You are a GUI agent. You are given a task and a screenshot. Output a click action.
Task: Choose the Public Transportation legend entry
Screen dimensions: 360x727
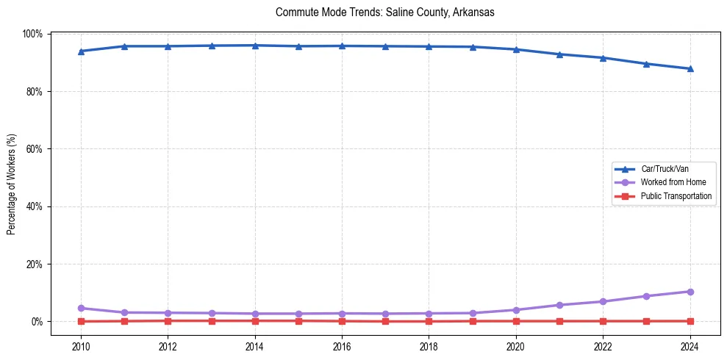click(x=676, y=196)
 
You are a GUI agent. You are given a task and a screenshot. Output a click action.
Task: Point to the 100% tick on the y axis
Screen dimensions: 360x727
click(x=32, y=34)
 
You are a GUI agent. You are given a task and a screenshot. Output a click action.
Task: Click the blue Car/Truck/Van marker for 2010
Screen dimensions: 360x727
click(x=81, y=51)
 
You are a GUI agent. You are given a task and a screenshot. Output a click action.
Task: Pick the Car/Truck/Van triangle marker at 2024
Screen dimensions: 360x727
click(x=690, y=69)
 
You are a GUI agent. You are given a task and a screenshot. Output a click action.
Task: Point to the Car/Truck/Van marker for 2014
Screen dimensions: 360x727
click(x=255, y=46)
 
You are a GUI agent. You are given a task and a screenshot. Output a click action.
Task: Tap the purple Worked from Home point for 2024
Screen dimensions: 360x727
click(x=690, y=292)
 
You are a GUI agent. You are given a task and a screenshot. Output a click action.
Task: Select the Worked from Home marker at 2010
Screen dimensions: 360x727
click(x=81, y=308)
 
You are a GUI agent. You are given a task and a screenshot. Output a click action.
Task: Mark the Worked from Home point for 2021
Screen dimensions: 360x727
click(x=559, y=305)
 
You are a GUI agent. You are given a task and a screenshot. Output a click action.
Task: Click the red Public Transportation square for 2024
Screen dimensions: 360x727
click(x=690, y=321)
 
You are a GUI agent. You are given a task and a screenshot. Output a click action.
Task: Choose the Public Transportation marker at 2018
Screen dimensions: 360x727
click(x=429, y=321)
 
